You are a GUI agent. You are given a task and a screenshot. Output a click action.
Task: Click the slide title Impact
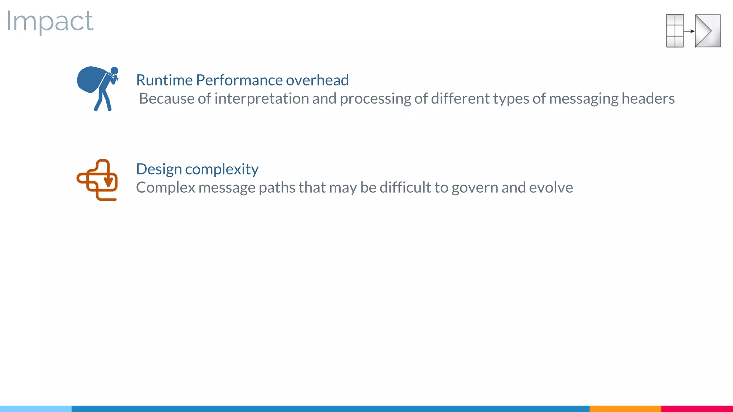click(x=50, y=21)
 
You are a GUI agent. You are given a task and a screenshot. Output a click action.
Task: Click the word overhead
click(x=317, y=80)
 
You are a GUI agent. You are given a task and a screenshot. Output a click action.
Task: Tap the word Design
click(x=159, y=170)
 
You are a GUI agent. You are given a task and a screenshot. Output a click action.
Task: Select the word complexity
click(x=222, y=170)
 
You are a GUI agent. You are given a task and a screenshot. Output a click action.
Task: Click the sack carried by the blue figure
click(x=89, y=79)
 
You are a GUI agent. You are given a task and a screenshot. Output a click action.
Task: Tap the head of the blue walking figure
click(x=115, y=70)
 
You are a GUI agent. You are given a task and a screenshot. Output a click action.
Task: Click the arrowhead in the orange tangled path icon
click(x=108, y=182)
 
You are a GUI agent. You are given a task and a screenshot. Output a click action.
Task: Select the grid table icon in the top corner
click(x=675, y=31)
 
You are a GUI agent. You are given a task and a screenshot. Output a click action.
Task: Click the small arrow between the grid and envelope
click(x=689, y=31)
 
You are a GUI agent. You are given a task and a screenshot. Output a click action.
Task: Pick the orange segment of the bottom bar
click(x=625, y=408)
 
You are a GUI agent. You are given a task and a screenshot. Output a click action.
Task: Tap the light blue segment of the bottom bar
click(x=36, y=408)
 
